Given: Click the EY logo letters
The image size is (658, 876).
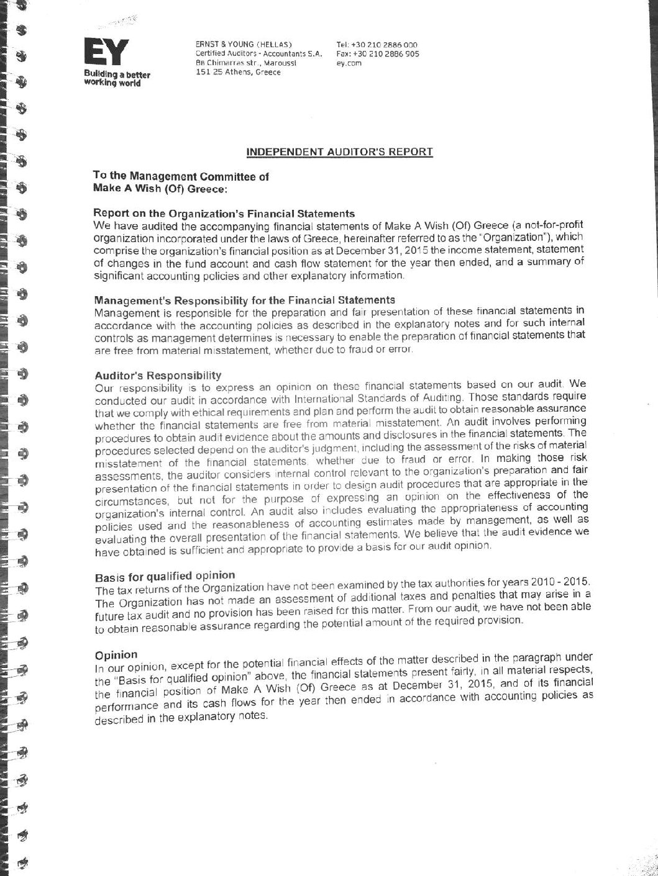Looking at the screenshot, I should tap(106, 52).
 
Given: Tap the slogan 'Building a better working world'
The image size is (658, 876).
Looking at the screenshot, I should tap(117, 79).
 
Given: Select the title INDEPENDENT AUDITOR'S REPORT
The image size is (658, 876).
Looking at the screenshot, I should tap(339, 151).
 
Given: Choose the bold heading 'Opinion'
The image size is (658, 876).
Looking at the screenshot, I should tap(116, 654).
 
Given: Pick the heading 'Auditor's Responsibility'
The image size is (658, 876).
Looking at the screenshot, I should tap(158, 375).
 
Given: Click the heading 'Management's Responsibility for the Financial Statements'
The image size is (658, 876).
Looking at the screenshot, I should tap(244, 300).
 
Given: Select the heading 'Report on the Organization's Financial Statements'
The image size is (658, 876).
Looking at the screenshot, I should tap(224, 214).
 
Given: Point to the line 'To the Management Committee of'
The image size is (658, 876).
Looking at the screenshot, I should tap(181, 176).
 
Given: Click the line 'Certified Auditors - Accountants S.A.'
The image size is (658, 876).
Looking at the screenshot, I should tap(258, 54).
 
